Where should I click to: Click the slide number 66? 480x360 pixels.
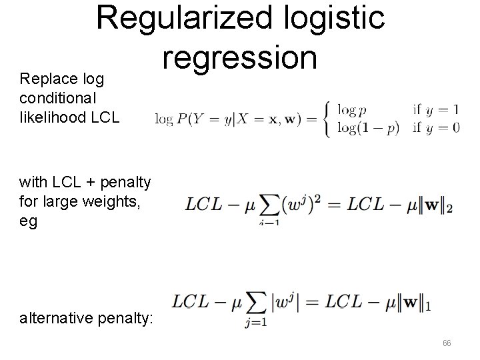[446, 343]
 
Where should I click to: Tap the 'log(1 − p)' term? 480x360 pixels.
[368, 128]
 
